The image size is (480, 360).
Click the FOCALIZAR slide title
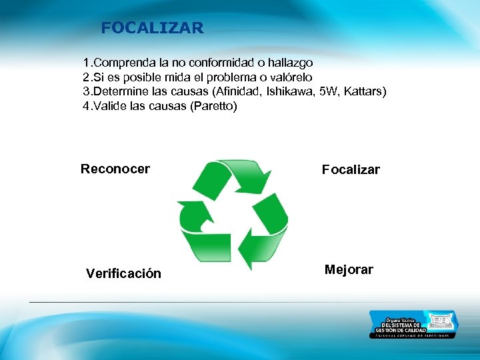pyautogui.click(x=152, y=28)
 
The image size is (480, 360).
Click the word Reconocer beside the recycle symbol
pyautogui.click(x=115, y=169)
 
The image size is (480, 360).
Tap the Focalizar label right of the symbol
pyautogui.click(x=351, y=169)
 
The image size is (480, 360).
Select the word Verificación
pyautogui.click(x=123, y=273)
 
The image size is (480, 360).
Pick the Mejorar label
pyautogui.click(x=349, y=269)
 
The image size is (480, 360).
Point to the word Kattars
pyautogui.click(x=363, y=91)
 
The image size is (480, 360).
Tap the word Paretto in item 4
pyautogui.click(x=213, y=106)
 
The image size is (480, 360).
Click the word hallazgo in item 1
pyautogui.click(x=289, y=63)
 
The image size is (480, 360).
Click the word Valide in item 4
pyautogui.click(x=109, y=106)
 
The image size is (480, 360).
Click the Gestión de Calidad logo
pyautogui.click(x=413, y=325)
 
